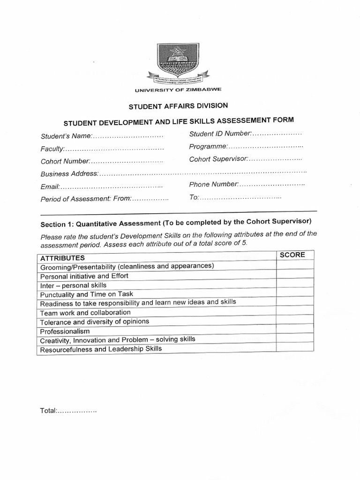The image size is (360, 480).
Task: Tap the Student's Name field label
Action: click(x=65, y=136)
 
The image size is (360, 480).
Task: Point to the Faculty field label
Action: click(x=52, y=149)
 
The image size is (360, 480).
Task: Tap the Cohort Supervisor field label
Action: click(x=218, y=159)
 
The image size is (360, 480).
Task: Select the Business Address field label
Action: click(x=69, y=174)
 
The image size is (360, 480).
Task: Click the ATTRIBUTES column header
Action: click(x=62, y=258)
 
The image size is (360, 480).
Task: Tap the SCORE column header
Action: click(x=292, y=255)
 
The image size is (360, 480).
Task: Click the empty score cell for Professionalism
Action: click(x=294, y=329)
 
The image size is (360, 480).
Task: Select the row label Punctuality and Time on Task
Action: click(x=87, y=294)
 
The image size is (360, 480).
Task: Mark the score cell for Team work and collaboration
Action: click(x=294, y=311)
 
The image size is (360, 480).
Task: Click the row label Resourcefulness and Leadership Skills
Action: click(x=101, y=349)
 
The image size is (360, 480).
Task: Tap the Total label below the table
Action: click(x=48, y=411)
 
